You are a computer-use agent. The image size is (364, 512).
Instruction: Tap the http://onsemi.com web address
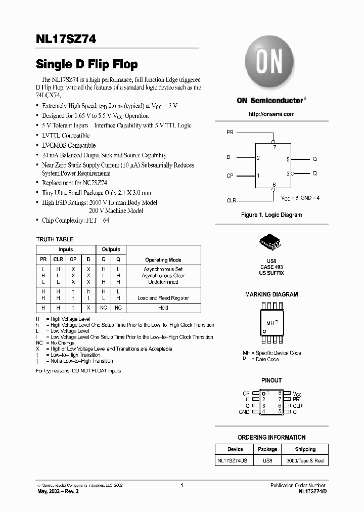[271, 114]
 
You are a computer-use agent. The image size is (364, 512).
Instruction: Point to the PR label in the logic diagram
[230, 132]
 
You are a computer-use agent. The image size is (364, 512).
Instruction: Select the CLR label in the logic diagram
[232, 200]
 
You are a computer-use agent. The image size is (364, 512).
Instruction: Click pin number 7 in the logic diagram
[275, 147]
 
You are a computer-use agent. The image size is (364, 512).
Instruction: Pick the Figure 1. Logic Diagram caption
[271, 215]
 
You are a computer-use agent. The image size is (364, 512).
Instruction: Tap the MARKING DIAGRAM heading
[271, 294]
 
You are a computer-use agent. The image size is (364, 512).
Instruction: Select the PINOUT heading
[271, 380]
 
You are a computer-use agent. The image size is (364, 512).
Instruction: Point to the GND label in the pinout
[244, 412]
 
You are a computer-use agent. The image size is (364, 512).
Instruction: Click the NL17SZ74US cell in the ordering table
[235, 460]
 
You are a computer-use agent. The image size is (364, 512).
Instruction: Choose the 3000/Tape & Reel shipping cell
[305, 460]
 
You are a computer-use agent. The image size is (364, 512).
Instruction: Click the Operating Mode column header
[163, 260]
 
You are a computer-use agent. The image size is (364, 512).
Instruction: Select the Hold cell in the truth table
[163, 308]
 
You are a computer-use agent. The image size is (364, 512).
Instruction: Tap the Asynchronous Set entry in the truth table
[163, 269]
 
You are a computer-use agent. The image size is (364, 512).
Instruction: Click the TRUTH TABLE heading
[55, 239]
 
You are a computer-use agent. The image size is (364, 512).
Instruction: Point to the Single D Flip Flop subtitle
[87, 65]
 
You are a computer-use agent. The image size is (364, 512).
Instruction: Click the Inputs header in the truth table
[66, 249]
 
